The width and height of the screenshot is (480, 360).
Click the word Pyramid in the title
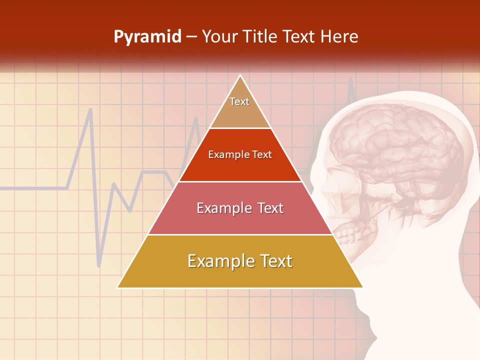pos(147,37)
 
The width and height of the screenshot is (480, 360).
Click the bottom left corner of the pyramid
pos(118,287)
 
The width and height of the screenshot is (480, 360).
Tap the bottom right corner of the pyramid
pos(362,287)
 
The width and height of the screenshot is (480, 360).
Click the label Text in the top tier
pos(239,101)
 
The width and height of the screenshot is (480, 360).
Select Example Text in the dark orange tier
pos(240,154)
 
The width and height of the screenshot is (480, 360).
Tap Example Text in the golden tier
pos(240,261)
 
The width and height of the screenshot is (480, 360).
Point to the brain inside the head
pos(395,150)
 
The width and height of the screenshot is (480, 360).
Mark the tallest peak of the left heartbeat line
pos(90,109)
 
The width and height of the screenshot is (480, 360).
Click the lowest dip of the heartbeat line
pos(99,265)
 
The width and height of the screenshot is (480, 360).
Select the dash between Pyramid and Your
pos(191,37)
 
